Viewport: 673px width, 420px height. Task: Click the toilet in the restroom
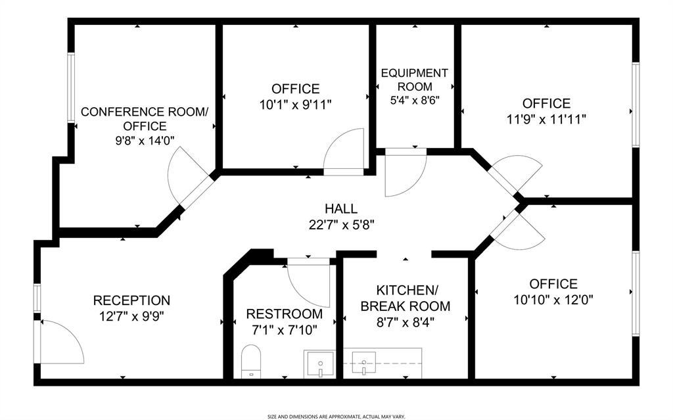[250, 362]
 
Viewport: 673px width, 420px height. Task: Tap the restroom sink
[320, 364]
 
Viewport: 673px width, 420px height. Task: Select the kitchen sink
[364, 363]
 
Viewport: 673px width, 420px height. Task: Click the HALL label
[341, 209]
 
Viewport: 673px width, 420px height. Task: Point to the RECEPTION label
[131, 300]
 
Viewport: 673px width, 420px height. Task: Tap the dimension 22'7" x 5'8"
[342, 225]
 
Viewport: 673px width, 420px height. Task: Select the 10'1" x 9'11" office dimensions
[296, 105]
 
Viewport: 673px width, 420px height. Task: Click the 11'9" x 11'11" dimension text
[546, 119]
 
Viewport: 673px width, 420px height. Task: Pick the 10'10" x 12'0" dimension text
[553, 299]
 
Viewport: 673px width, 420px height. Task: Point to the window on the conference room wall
[71, 87]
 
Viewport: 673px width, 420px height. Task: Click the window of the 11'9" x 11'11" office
[636, 105]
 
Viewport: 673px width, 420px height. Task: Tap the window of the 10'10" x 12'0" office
[636, 293]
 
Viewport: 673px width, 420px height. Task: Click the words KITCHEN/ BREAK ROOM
[406, 298]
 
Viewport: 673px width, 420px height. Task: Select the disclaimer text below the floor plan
[336, 416]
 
